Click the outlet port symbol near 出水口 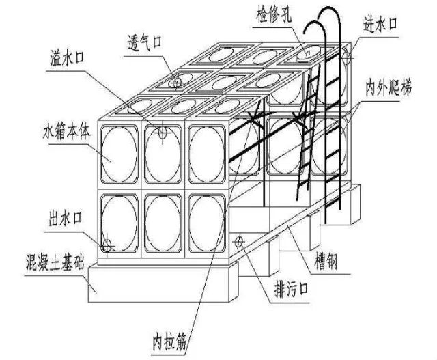pos(107,245)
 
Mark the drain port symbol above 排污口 pos(239,240)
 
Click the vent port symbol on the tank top pos(177,83)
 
